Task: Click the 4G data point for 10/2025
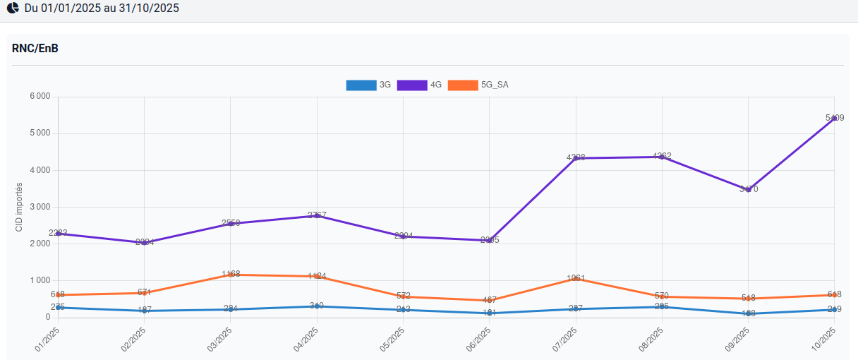point(834,119)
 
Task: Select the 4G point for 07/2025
point(576,158)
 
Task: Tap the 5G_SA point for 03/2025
point(231,275)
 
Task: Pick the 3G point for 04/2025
point(317,306)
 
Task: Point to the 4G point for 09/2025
point(748,189)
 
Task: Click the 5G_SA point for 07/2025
point(576,279)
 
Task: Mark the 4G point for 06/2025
point(490,240)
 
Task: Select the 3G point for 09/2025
point(748,313)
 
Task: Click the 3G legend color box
point(361,85)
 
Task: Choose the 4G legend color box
point(411,85)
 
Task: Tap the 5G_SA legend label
point(495,85)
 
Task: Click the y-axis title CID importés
point(19,207)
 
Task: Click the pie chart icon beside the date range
point(13,8)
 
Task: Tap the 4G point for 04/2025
point(317,215)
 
